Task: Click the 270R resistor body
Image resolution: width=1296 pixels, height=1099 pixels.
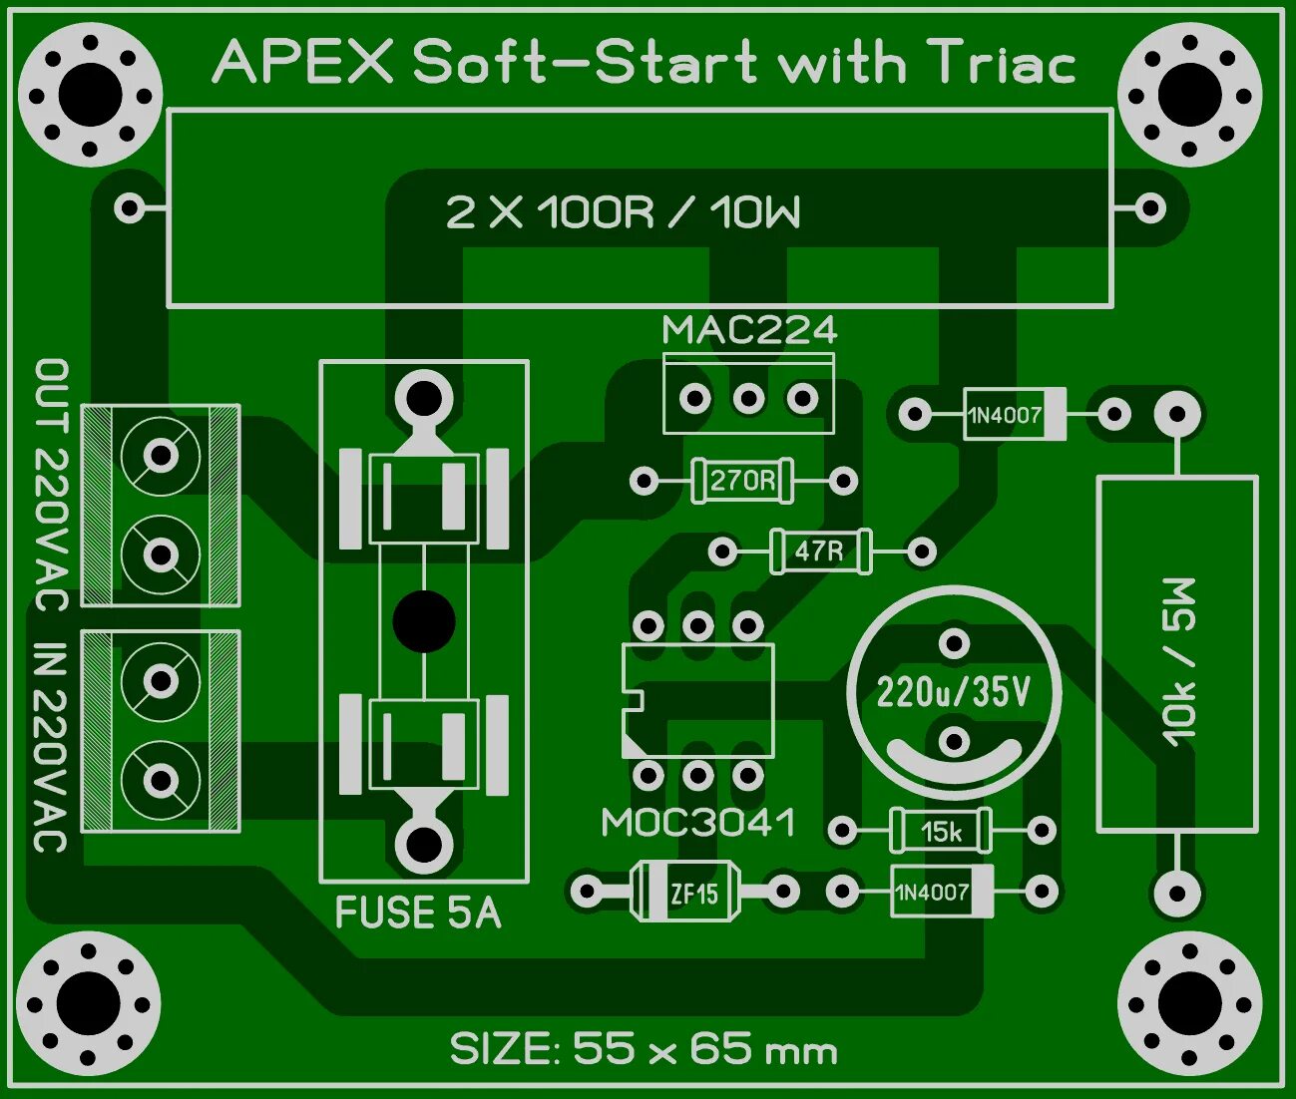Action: [x=742, y=481]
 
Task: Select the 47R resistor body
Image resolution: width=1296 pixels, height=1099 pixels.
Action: [x=820, y=550]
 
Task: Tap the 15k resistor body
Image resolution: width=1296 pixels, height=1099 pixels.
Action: [x=941, y=831]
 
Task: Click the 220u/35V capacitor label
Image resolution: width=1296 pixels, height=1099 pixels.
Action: [x=953, y=691]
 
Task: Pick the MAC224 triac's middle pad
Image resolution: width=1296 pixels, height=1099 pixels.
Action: [x=748, y=399]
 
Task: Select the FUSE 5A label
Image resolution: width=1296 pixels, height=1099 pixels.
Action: [x=418, y=913]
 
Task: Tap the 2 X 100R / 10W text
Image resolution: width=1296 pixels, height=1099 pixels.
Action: [x=623, y=212]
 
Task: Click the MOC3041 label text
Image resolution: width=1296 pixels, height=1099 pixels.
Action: [x=698, y=823]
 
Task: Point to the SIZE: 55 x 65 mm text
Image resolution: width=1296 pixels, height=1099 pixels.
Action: [x=644, y=1049]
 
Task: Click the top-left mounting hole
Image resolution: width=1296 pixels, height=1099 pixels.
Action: [x=90, y=95]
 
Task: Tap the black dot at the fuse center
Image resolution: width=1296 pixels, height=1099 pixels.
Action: [x=424, y=620]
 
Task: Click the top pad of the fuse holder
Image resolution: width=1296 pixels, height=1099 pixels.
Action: [x=424, y=398]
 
